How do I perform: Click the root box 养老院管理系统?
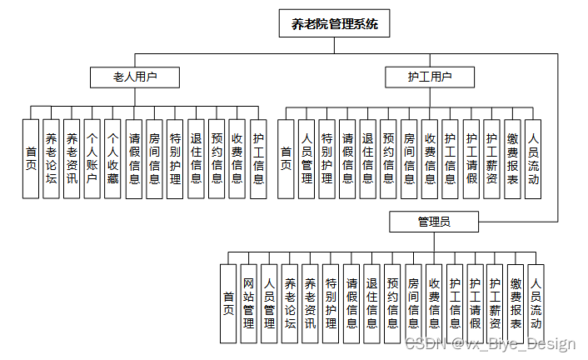(x=335, y=24)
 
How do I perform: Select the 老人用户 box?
(x=135, y=77)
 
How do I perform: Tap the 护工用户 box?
(x=430, y=77)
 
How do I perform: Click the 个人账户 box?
(x=92, y=158)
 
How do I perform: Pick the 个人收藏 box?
(x=113, y=158)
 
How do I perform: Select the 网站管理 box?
(x=248, y=303)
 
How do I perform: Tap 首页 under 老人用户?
(x=32, y=158)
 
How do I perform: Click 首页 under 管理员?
(x=228, y=303)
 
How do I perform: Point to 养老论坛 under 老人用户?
(x=52, y=158)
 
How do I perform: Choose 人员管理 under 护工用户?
(x=306, y=158)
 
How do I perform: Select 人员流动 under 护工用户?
(x=534, y=158)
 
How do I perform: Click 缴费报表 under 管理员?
(x=516, y=303)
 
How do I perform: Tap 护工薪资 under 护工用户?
(x=492, y=158)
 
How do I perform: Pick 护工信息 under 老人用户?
(x=258, y=158)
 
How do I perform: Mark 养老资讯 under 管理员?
(x=310, y=303)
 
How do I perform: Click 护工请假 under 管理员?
(x=475, y=303)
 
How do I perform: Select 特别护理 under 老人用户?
(x=175, y=158)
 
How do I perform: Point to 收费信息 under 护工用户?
(x=431, y=158)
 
